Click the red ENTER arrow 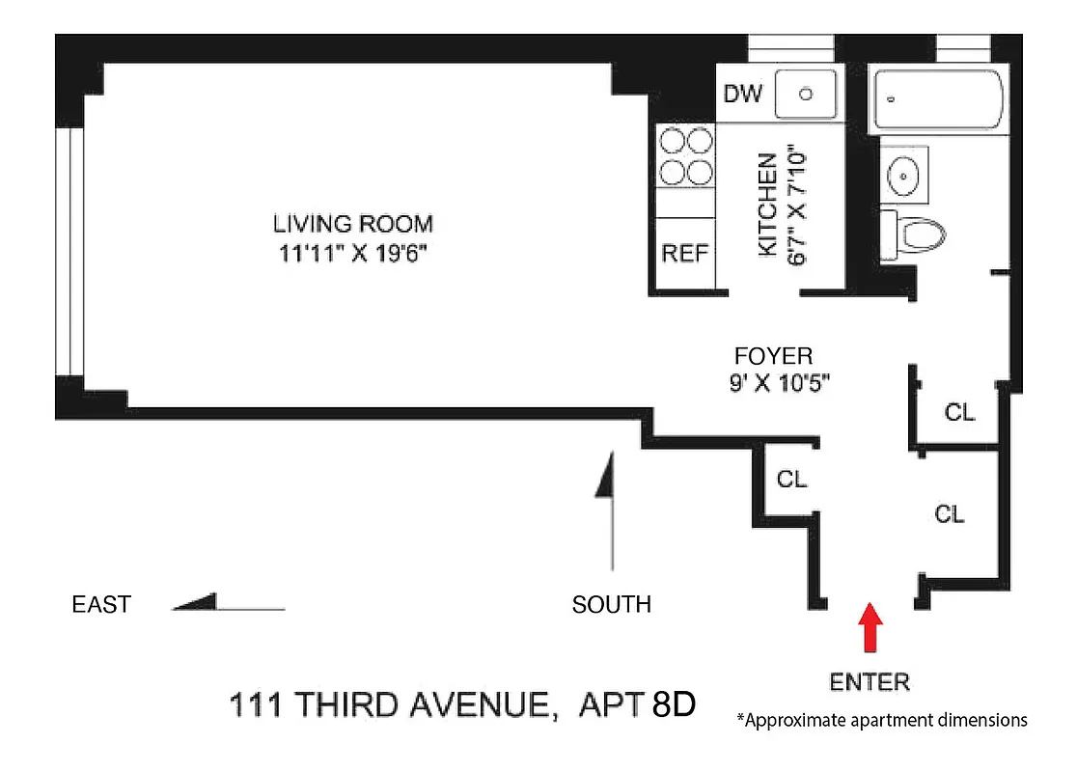click(871, 627)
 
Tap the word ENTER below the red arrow click(870, 682)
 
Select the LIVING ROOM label click(353, 224)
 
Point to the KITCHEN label click(768, 204)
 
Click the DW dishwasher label click(743, 94)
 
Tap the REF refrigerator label click(685, 254)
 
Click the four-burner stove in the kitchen click(685, 157)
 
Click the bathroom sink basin click(905, 176)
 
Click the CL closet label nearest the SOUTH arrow click(792, 479)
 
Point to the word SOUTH click(611, 605)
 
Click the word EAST click(101, 605)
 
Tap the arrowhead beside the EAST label click(197, 603)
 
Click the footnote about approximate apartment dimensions click(881, 720)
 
